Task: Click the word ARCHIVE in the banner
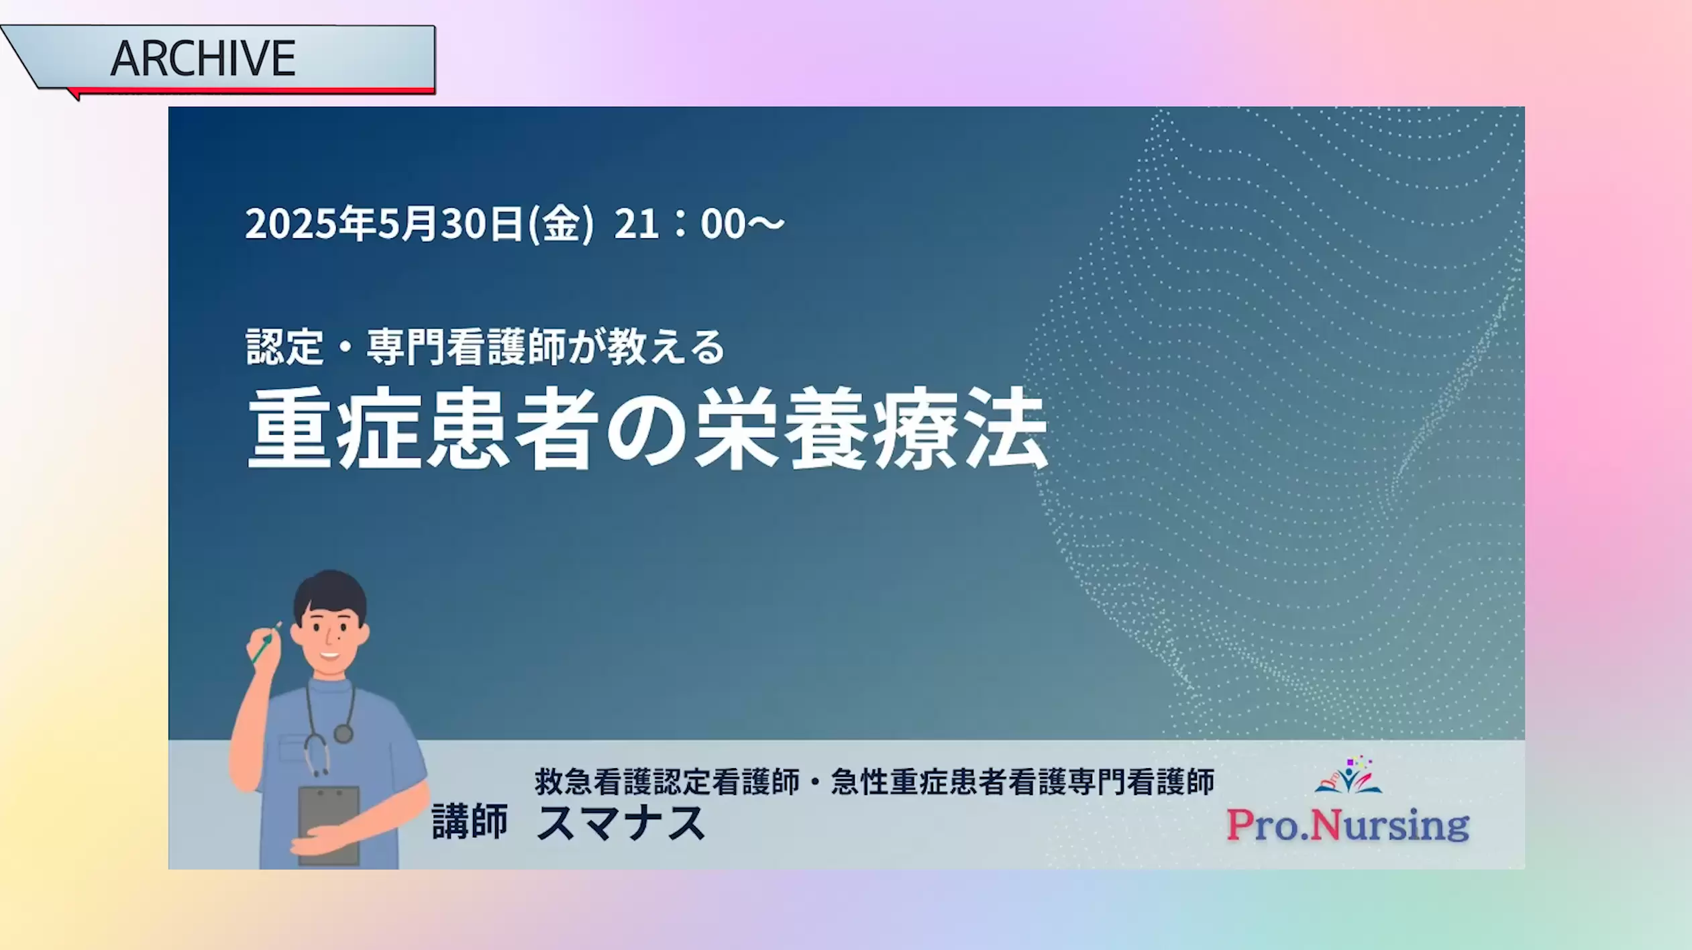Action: [x=203, y=58]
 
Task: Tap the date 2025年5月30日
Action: [x=384, y=223]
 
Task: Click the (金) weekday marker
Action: [x=561, y=223]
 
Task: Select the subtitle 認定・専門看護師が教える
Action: [x=486, y=347]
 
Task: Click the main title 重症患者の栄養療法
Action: [x=647, y=428]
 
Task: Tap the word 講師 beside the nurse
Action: [x=470, y=822]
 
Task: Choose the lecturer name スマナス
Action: [x=621, y=823]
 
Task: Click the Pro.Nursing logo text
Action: [x=1348, y=825]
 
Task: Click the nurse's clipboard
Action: [x=329, y=825]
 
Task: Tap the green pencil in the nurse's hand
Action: [x=266, y=643]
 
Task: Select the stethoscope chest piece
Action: [x=343, y=733]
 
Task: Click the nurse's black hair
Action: [x=330, y=594]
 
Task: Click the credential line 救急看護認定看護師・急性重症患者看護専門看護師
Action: [x=874, y=782]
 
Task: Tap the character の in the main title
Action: [x=647, y=430]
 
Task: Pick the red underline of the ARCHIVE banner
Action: [x=252, y=91]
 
